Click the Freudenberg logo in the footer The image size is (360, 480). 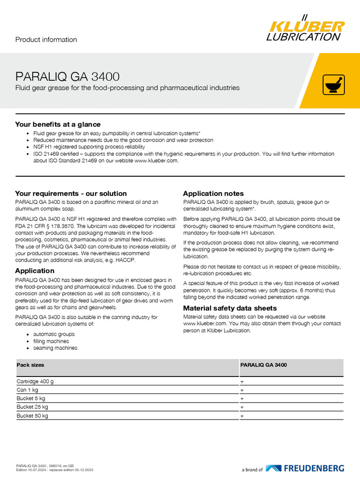[x=305, y=468]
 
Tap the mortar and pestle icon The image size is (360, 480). [x=334, y=85]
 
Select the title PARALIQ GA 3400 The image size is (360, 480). [x=67, y=76]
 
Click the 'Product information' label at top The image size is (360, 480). [x=46, y=40]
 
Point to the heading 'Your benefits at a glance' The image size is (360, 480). [x=58, y=124]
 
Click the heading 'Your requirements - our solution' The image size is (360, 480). [x=71, y=193]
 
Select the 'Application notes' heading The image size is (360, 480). [x=213, y=193]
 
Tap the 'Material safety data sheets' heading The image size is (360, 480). [x=230, y=308]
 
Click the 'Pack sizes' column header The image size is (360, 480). [x=30, y=365]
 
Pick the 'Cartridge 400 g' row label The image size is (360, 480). [x=35, y=382]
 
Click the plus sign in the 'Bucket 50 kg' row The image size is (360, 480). [x=242, y=416]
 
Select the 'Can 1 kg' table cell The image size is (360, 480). [x=28, y=390]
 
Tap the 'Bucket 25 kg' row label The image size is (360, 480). [x=32, y=407]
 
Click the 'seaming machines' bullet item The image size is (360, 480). [x=55, y=348]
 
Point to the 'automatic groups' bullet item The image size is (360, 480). [x=54, y=334]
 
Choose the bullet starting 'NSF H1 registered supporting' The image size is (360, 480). [x=89, y=147]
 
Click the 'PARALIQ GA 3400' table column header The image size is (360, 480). [x=263, y=365]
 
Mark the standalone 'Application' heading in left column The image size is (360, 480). [x=35, y=270]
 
